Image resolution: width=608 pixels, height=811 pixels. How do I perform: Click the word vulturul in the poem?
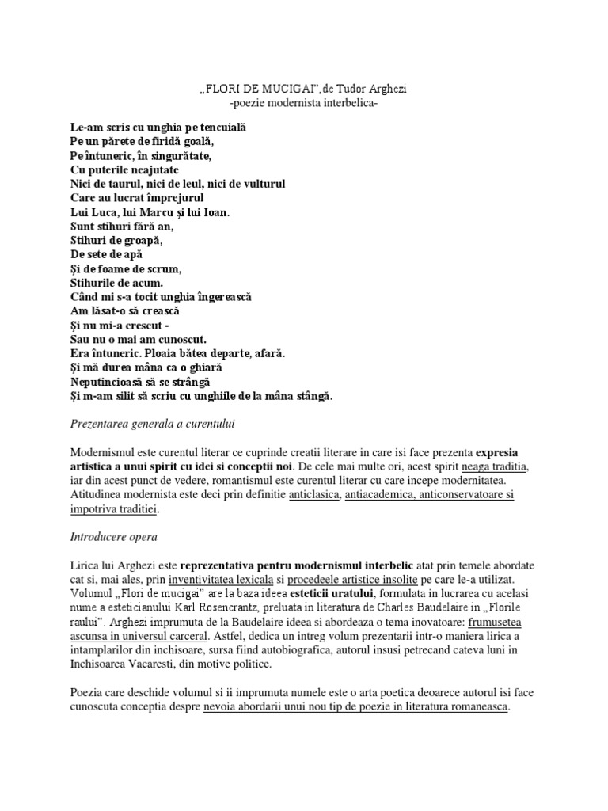(259, 184)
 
